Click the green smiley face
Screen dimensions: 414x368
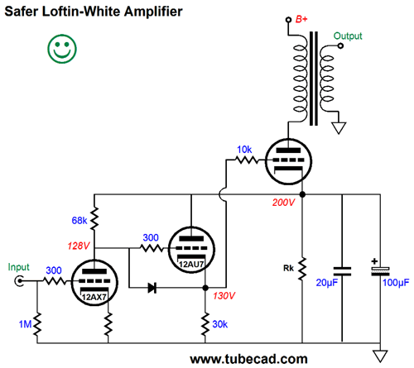click(62, 49)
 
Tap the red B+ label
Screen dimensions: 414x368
click(301, 19)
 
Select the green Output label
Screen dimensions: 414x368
click(348, 36)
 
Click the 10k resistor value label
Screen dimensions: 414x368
click(244, 150)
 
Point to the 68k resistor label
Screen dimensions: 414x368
click(79, 221)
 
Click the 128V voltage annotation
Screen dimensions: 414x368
click(79, 246)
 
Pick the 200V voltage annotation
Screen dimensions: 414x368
click(283, 203)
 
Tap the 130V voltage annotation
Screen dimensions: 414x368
click(224, 296)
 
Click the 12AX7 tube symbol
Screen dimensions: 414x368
click(94, 282)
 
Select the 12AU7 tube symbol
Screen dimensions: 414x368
click(191, 250)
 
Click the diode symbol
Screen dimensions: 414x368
click(152, 288)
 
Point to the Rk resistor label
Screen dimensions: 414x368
click(288, 268)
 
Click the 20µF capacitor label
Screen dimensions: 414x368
click(327, 283)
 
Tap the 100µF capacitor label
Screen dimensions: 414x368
click(396, 283)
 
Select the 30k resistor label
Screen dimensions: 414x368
click(220, 324)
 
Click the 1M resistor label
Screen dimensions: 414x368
click(25, 324)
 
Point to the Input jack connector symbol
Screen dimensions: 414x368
click(19, 281)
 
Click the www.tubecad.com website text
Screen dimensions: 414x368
click(248, 359)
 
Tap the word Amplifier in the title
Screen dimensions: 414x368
click(153, 12)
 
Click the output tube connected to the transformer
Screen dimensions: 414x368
click(288, 161)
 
